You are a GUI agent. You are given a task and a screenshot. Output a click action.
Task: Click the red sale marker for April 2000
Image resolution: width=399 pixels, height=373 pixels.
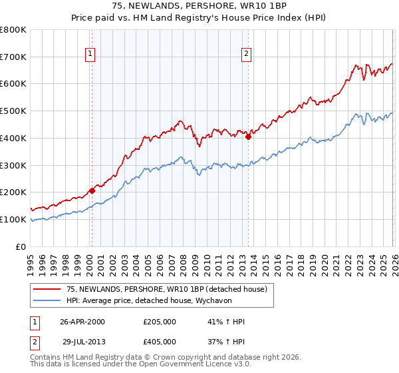coord(92,190)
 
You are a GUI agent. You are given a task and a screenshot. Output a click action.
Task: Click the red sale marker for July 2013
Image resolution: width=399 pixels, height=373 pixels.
coord(248,137)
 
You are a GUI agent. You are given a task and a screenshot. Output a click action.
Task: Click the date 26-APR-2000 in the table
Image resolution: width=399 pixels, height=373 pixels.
coord(82,322)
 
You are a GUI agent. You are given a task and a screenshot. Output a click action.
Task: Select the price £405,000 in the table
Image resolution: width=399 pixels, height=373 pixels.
coord(160,342)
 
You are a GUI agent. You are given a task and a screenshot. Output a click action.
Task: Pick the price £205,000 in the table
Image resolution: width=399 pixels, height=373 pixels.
coord(160,322)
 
